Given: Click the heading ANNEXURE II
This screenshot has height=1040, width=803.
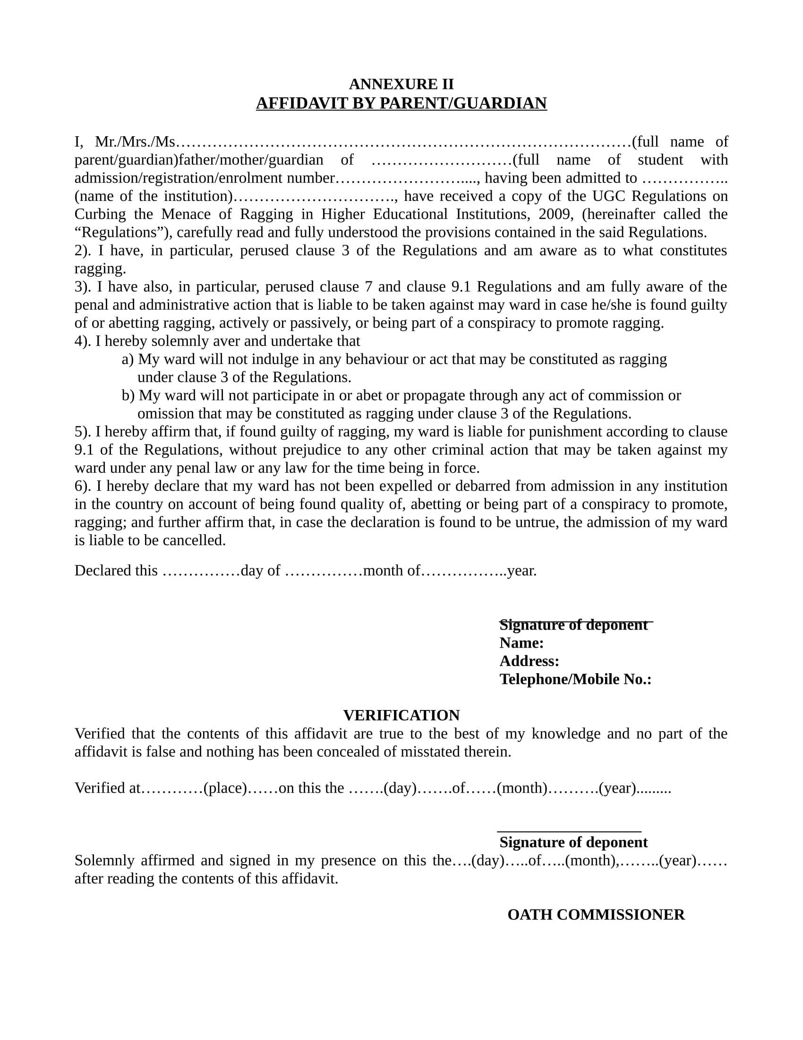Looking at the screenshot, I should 401,84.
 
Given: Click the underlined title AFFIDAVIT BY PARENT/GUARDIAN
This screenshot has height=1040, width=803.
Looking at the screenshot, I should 401,104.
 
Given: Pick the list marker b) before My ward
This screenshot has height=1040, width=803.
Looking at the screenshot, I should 128,395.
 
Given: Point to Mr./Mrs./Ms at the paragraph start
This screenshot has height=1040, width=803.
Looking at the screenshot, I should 135,142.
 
